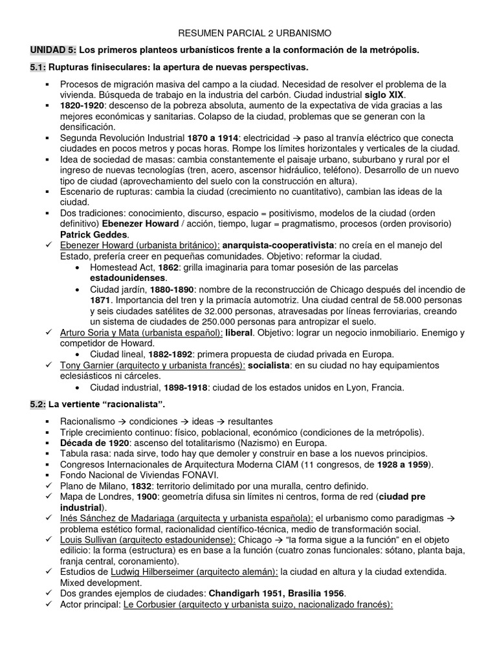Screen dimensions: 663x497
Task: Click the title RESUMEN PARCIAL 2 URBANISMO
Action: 248,32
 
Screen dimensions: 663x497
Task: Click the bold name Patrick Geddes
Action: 94,234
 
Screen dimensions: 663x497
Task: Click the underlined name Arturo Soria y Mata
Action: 105,332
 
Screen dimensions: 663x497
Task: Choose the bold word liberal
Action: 238,332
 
